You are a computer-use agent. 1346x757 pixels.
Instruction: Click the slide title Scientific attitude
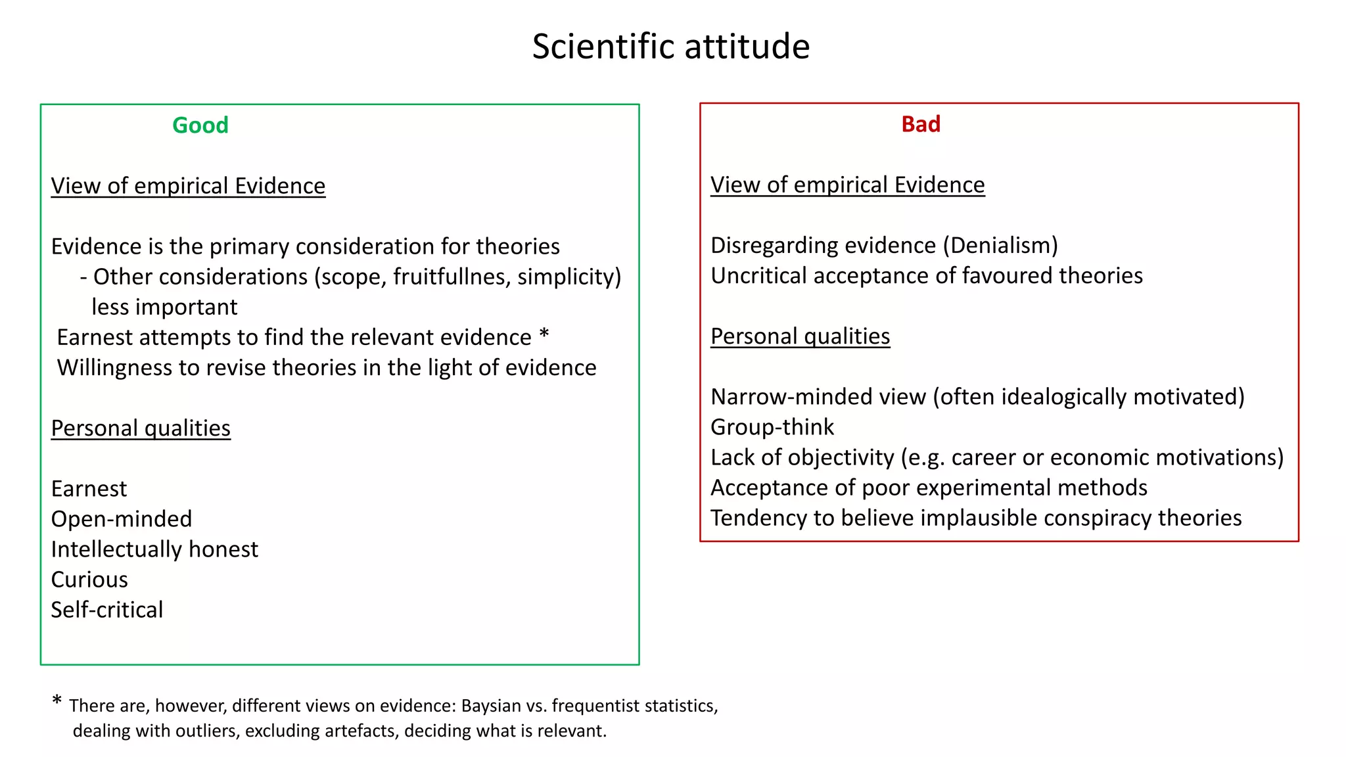(x=670, y=47)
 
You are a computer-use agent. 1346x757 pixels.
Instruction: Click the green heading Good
(x=200, y=125)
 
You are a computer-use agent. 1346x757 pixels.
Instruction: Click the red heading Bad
(x=920, y=124)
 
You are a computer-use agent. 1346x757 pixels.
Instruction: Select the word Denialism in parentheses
(x=1000, y=245)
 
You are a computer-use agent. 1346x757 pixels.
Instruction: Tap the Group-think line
(x=772, y=427)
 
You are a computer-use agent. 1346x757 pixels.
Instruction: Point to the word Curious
(x=89, y=580)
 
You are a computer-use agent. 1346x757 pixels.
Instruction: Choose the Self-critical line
(x=107, y=610)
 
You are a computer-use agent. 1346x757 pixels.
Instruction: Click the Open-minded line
(x=122, y=519)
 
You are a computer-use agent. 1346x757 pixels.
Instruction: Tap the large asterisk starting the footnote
(x=57, y=701)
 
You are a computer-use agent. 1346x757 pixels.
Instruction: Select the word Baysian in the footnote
(x=492, y=706)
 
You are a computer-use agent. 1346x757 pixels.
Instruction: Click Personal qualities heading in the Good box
(x=141, y=428)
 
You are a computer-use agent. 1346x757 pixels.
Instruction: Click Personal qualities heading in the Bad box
(x=800, y=336)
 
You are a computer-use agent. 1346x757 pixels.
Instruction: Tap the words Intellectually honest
(x=154, y=549)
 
